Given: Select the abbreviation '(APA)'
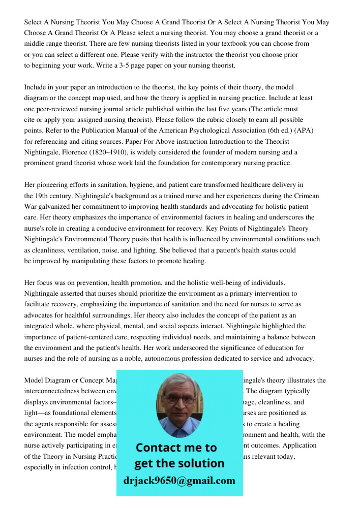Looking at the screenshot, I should [x=304, y=131].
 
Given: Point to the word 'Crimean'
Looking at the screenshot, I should [x=319, y=196].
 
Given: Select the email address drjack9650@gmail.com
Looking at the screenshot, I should [x=179, y=481].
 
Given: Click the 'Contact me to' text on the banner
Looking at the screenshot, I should [x=176, y=448].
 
